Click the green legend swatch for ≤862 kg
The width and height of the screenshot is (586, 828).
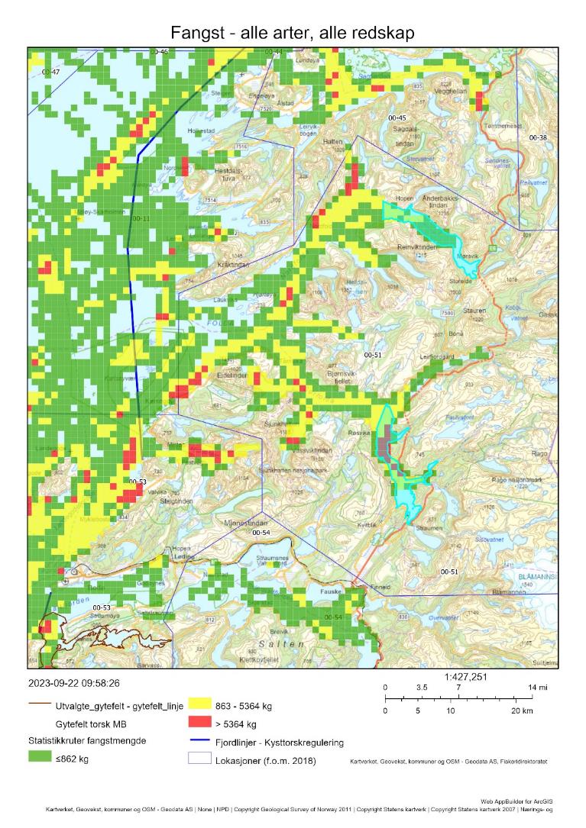[39, 757]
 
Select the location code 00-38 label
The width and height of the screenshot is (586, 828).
[538, 137]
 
